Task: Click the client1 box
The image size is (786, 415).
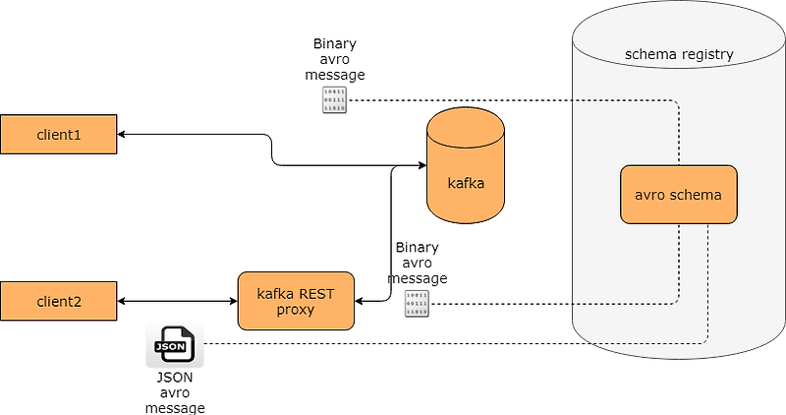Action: [x=58, y=134]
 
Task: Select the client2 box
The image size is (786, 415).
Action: [x=58, y=301]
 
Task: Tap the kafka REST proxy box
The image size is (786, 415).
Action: [x=296, y=301]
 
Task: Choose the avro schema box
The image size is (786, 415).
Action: [x=678, y=195]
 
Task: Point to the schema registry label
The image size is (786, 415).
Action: [x=679, y=55]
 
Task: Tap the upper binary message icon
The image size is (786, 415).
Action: [x=335, y=100]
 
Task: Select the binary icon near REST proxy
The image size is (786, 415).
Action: [x=417, y=304]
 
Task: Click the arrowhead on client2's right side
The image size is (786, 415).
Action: [x=123, y=301]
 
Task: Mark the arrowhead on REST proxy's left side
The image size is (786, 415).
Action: [x=232, y=301]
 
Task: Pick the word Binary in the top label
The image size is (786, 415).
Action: [x=335, y=43]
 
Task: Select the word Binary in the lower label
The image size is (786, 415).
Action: [x=417, y=248]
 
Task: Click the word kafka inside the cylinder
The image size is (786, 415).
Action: [x=466, y=183]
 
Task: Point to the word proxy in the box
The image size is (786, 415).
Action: [x=296, y=310]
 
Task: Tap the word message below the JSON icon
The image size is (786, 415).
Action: [x=175, y=407]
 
